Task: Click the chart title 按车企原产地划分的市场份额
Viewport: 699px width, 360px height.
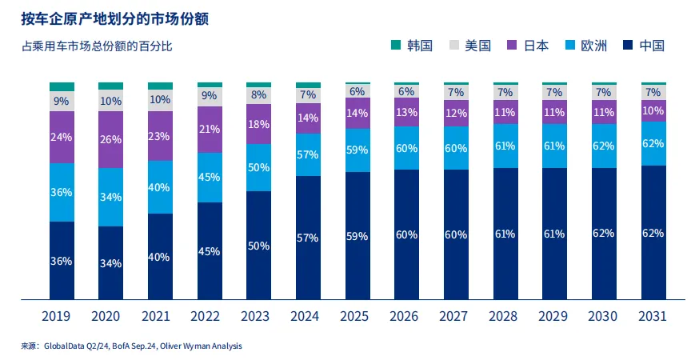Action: pyautogui.click(x=116, y=18)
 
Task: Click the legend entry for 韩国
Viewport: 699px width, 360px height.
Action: pyautogui.click(x=412, y=46)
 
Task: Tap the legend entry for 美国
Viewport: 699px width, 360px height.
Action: pyautogui.click(x=469, y=46)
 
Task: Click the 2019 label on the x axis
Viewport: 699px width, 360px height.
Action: pyautogui.click(x=62, y=317)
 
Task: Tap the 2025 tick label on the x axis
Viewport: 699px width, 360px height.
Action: pyautogui.click(x=357, y=317)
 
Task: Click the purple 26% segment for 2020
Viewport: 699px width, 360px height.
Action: pyautogui.click(x=111, y=139)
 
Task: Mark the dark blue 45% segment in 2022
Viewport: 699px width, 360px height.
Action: pyautogui.click(x=210, y=251)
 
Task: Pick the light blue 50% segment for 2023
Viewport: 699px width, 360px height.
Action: pyautogui.click(x=259, y=167)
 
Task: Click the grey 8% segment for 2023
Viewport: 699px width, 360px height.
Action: pyautogui.click(x=259, y=95)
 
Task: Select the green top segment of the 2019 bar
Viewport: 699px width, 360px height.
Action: pyautogui.click(x=62, y=86)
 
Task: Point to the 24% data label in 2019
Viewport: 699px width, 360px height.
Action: pyautogui.click(x=62, y=137)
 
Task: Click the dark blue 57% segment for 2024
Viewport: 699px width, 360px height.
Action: pyautogui.click(x=308, y=238)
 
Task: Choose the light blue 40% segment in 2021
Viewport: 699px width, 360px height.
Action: pyautogui.click(x=160, y=187)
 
